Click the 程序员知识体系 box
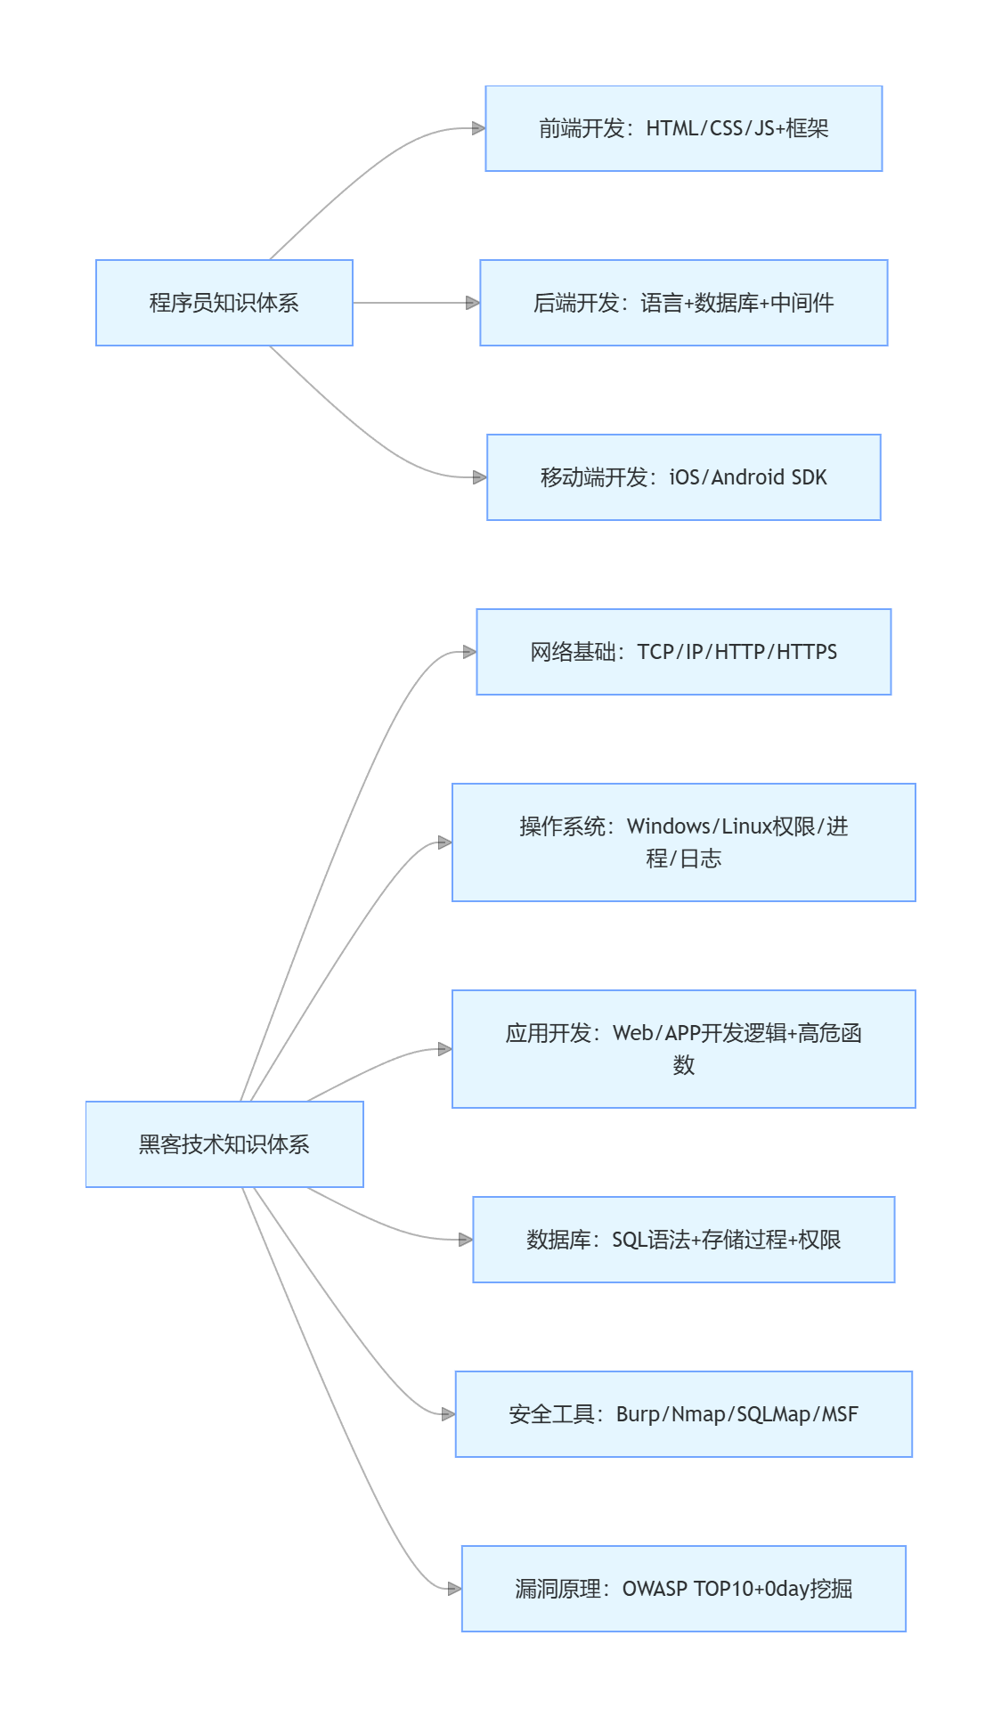pyautogui.click(x=224, y=303)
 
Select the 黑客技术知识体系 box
pyautogui.click(x=224, y=1144)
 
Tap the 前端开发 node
pyautogui.click(x=683, y=128)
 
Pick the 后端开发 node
pyautogui.click(x=683, y=303)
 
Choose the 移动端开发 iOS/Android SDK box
pyautogui.click(x=683, y=477)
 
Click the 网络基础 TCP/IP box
pyautogui.click(x=683, y=652)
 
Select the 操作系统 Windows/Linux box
pyautogui.click(x=683, y=842)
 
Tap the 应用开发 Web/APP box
pyautogui.click(x=683, y=1049)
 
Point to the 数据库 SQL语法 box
pyautogui.click(x=683, y=1240)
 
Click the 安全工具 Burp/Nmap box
pyautogui.click(x=683, y=1414)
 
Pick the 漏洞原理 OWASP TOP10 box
pyautogui.click(x=683, y=1589)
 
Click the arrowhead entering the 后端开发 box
pyautogui.click(x=473, y=303)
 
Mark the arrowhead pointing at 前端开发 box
pyautogui.click(x=478, y=128)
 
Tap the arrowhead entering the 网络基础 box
pyautogui.click(x=469, y=652)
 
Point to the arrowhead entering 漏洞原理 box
pyautogui.click(x=454, y=1589)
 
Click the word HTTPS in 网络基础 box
pyautogui.click(x=807, y=652)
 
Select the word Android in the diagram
pyautogui.click(x=747, y=477)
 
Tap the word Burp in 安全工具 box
pyautogui.click(x=638, y=1414)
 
